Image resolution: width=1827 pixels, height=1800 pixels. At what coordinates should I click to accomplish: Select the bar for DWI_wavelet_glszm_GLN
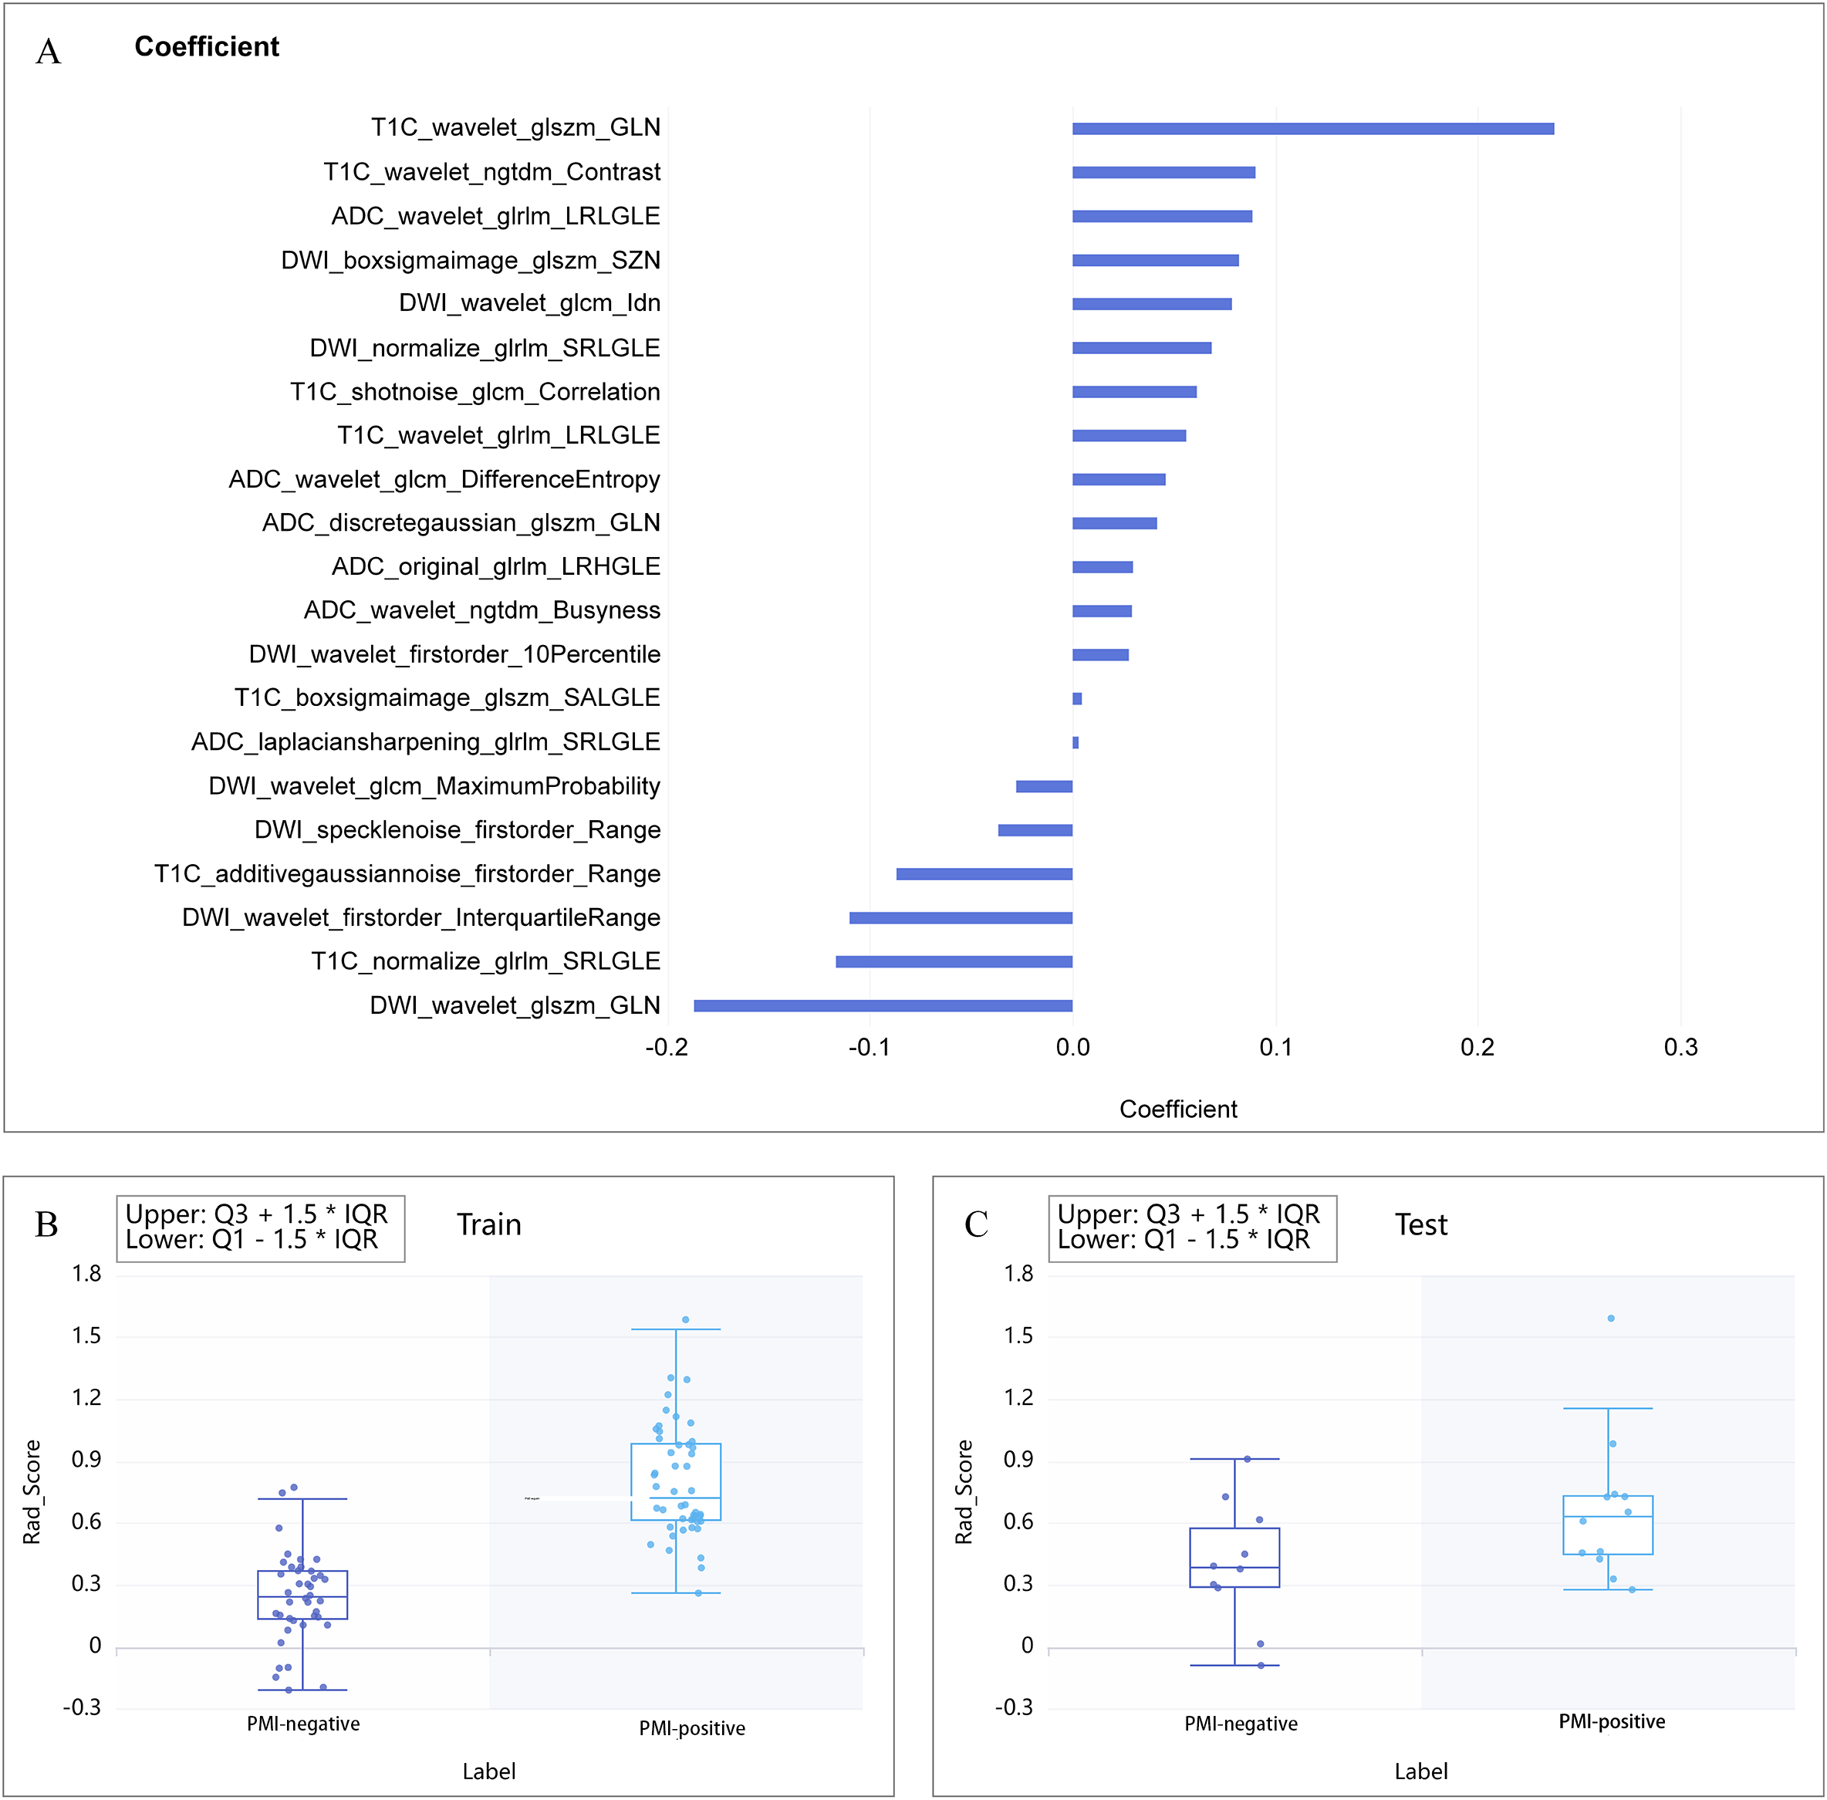point(883,1005)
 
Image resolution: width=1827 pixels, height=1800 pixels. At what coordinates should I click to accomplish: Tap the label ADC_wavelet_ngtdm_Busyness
point(481,611)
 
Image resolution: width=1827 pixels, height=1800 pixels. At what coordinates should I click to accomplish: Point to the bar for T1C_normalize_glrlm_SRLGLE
point(954,961)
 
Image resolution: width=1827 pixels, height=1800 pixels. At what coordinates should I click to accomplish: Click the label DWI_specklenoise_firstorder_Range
point(458,830)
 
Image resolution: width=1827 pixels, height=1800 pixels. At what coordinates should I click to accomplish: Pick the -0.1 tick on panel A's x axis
point(869,1048)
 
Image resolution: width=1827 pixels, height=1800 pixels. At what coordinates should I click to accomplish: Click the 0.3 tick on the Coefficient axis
point(1680,1048)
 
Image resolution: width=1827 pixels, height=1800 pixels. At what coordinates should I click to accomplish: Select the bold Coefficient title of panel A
point(206,46)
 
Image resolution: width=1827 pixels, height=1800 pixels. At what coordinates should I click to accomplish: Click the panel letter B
point(46,1225)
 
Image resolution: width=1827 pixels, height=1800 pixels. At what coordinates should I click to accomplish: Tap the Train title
point(488,1225)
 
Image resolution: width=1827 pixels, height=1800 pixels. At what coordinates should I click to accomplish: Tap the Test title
point(1420,1225)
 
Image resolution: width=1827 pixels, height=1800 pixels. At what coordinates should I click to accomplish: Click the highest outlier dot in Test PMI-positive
point(1610,1318)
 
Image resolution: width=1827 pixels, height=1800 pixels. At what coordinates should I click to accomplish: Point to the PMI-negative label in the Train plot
point(302,1724)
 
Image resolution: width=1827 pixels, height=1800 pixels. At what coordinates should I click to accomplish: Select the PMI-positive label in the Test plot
point(1612,1721)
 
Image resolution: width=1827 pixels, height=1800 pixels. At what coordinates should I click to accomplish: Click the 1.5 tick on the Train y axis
point(86,1336)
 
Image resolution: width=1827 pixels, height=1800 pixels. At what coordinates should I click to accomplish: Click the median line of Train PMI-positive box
point(676,1498)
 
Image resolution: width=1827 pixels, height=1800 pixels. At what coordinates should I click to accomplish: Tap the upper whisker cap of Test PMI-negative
point(1234,1459)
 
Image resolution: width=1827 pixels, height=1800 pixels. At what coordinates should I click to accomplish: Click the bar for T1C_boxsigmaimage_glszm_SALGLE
point(1076,699)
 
